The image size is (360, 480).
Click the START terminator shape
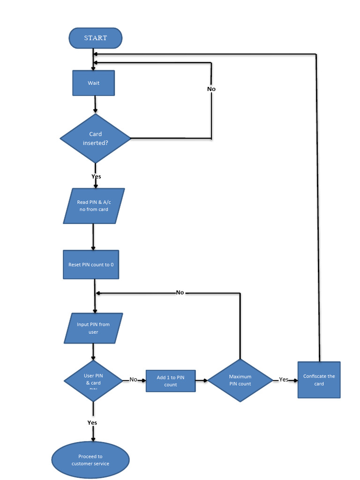point(96,38)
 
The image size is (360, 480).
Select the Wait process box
point(93,83)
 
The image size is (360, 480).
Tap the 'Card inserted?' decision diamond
point(96,138)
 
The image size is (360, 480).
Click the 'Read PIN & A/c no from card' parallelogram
point(94,206)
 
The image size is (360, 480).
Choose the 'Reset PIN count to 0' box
point(91,264)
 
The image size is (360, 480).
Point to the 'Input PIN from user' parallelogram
point(93,328)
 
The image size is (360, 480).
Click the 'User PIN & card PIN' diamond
point(93,381)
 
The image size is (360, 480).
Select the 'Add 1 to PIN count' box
point(171,381)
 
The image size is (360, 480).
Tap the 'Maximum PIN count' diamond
point(240,380)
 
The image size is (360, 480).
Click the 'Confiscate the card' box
point(319,380)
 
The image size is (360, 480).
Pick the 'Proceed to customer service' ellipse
point(90,460)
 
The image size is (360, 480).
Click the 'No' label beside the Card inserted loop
point(211,89)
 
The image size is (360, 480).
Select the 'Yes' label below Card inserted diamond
point(96,177)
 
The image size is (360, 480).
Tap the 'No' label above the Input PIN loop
point(180,292)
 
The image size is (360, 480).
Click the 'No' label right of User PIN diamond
point(134,380)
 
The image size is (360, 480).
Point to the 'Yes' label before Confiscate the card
point(284,380)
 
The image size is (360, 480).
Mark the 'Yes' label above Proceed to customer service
point(92,422)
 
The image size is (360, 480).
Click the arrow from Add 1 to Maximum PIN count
point(202,380)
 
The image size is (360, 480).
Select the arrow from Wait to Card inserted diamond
point(96,105)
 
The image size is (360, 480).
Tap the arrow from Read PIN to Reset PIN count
point(93,237)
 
